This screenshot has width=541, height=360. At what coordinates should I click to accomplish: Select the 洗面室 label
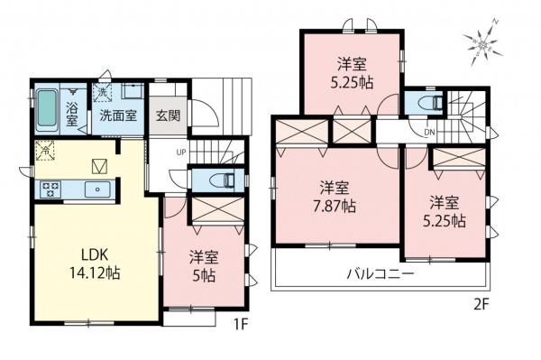(117, 115)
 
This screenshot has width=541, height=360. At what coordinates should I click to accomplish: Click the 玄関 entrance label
(167, 115)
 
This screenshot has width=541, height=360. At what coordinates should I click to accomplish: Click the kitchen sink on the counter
(93, 189)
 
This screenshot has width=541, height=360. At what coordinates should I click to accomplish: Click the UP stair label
(181, 152)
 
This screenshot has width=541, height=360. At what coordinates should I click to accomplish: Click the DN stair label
(430, 134)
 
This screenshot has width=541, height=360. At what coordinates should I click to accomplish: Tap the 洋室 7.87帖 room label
(335, 197)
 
